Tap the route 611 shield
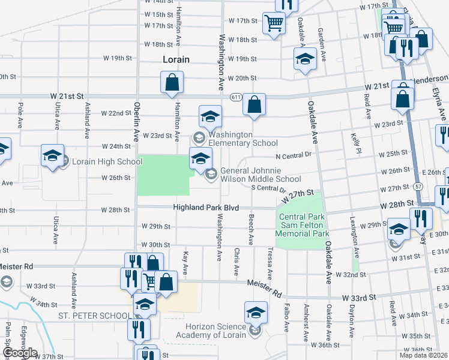pos(236,97)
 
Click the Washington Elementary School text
pos(243,139)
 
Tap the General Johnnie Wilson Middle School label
pos(261,175)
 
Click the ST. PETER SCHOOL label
pos(95,316)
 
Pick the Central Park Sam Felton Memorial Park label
pos(303,225)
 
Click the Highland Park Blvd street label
pos(206,208)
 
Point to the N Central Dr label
pos(295,155)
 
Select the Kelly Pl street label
pos(354,144)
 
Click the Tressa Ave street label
pos(270,264)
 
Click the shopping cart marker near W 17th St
pos(274,23)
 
